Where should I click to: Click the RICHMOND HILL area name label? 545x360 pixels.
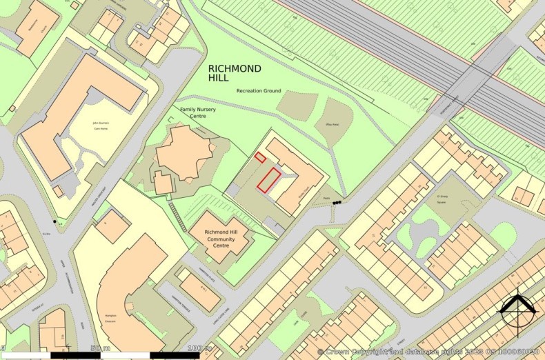coord(235,74)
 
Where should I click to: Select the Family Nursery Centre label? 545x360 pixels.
coord(193,112)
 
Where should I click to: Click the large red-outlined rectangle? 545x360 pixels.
coord(270,178)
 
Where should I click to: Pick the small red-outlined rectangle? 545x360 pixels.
coord(260,157)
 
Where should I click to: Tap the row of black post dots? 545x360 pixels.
coord(337,203)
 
